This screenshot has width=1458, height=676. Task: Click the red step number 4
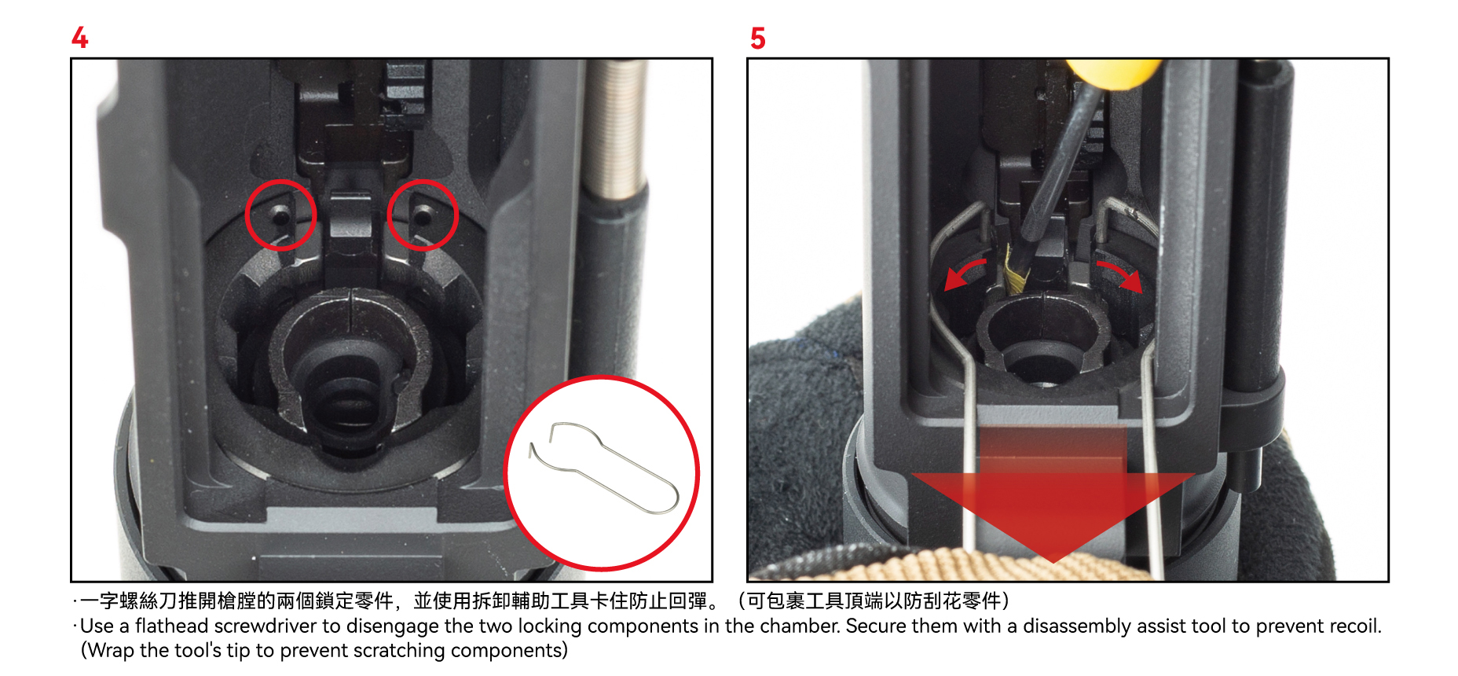pos(79,38)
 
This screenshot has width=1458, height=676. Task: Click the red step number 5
pos(757,38)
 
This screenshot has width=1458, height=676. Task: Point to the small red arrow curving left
pos(965,270)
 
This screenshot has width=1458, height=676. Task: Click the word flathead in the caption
pos(171,626)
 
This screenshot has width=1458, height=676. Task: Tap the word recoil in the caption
pos(1357,626)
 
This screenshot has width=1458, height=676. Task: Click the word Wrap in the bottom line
pos(110,651)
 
